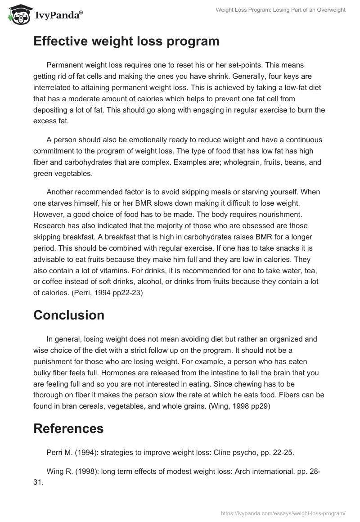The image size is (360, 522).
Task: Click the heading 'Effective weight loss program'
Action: [126, 41]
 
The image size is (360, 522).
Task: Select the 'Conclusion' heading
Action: [69, 315]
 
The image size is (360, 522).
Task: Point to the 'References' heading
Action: [68, 429]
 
